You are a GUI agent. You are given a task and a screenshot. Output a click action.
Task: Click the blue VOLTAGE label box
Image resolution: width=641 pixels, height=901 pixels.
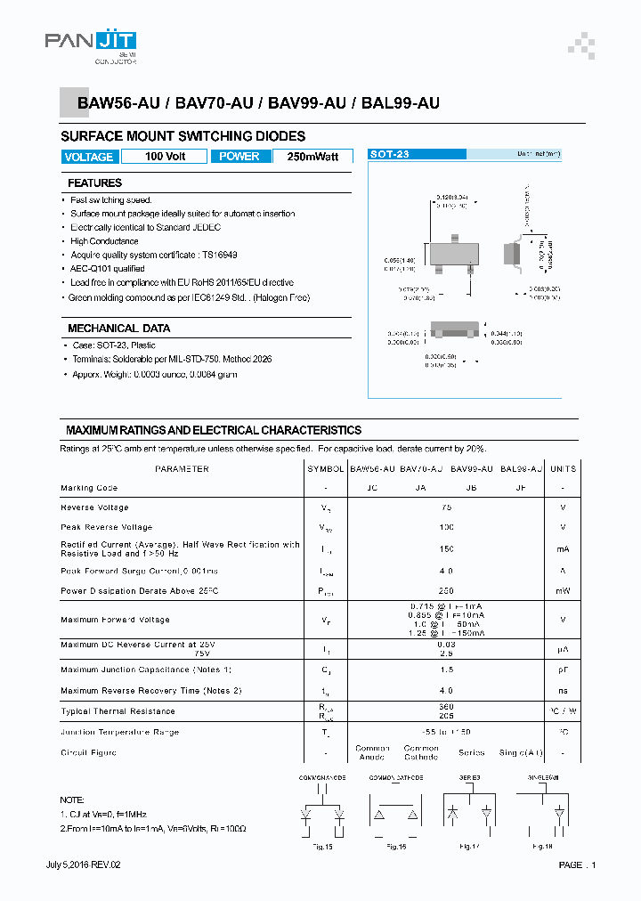(89, 157)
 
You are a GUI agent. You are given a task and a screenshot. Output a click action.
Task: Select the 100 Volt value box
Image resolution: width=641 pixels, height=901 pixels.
(166, 157)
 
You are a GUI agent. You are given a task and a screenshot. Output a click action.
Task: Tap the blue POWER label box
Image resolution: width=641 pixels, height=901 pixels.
(239, 157)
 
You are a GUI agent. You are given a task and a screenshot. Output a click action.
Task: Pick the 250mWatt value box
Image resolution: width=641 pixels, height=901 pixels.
(312, 157)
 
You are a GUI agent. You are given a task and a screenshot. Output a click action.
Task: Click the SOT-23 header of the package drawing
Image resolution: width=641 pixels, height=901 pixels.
(390, 154)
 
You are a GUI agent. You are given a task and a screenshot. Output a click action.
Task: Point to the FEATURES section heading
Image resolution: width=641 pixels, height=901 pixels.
(94, 183)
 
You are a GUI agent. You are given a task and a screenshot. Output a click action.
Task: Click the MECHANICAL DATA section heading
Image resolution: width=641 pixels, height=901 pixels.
(118, 329)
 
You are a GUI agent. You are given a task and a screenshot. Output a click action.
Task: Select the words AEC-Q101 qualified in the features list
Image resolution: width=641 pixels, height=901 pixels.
(108, 269)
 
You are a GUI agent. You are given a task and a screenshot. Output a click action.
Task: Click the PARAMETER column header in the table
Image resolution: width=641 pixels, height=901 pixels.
(182, 468)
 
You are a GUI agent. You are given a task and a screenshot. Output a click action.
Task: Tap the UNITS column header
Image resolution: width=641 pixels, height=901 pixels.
(563, 468)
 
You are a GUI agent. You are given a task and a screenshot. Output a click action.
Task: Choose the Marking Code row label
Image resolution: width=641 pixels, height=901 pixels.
(89, 488)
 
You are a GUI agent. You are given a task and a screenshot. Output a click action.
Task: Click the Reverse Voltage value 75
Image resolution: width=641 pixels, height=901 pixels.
(446, 507)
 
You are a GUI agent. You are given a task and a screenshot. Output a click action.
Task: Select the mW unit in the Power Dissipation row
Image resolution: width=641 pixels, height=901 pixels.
(563, 591)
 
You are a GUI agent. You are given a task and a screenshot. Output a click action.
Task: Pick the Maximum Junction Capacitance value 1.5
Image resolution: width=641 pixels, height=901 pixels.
(446, 670)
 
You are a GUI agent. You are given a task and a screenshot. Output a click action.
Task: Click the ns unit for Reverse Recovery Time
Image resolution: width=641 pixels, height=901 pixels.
(563, 691)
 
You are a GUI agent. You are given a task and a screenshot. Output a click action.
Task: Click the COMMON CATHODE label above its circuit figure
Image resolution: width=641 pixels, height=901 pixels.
(396, 778)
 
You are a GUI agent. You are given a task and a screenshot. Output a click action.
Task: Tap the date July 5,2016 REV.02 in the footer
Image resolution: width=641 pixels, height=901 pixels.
(83, 865)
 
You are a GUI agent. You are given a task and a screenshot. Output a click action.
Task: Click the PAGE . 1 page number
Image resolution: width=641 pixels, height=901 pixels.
(577, 865)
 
